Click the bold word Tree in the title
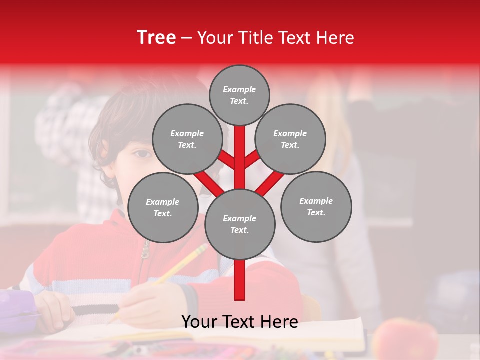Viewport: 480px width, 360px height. tap(156, 37)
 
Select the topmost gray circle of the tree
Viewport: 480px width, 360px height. tap(239, 95)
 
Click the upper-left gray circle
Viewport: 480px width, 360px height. tap(187, 139)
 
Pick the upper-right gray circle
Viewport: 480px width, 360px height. tap(290, 139)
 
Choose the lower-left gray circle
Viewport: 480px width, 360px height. tap(163, 207)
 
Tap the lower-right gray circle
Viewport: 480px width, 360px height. tap(316, 206)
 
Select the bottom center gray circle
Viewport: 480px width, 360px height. tap(240, 224)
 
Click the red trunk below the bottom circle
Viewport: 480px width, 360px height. tap(240, 280)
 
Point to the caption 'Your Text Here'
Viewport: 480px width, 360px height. tap(240, 322)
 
